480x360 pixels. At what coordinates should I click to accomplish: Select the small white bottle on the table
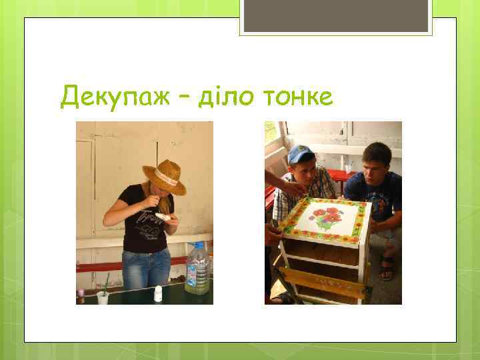(159, 293)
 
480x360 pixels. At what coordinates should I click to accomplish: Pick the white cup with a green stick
(103, 297)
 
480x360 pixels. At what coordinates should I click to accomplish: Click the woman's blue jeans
(147, 270)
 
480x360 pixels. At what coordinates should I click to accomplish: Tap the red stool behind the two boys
(340, 177)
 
